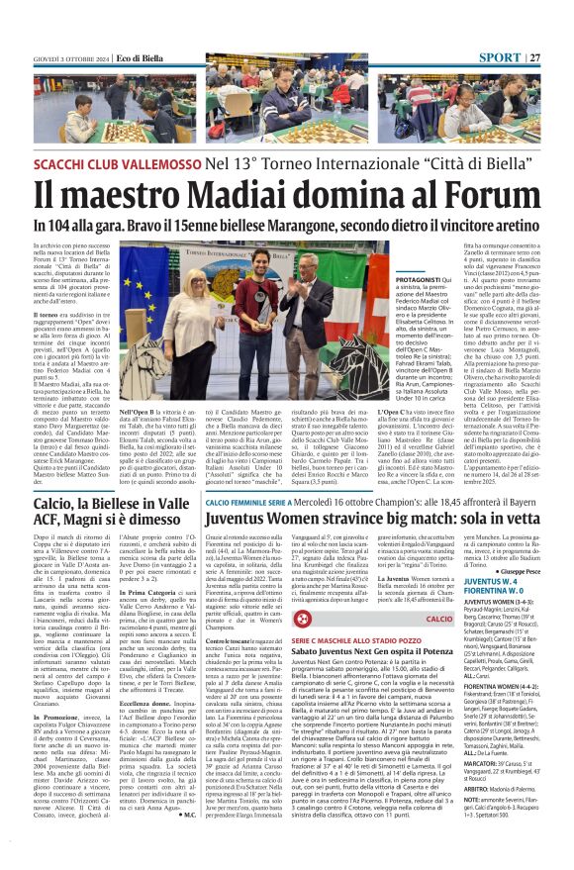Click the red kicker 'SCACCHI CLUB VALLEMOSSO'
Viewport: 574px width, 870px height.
click(127, 161)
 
